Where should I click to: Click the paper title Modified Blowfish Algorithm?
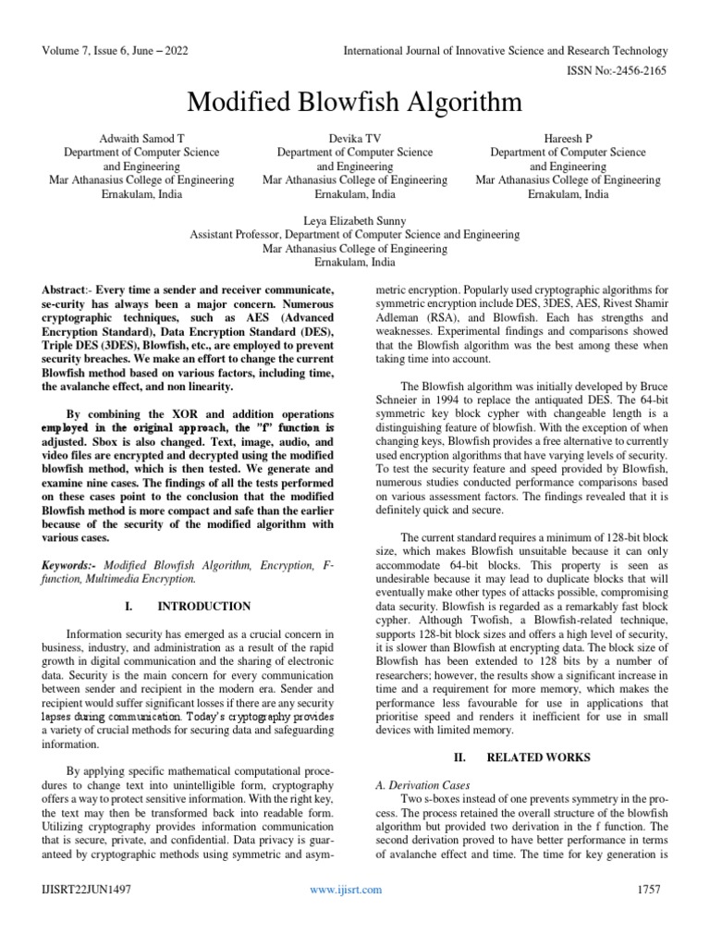(x=355, y=100)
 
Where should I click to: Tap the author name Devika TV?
(x=355, y=137)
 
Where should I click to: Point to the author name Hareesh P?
(x=568, y=137)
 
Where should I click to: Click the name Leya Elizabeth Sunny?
(x=355, y=221)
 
